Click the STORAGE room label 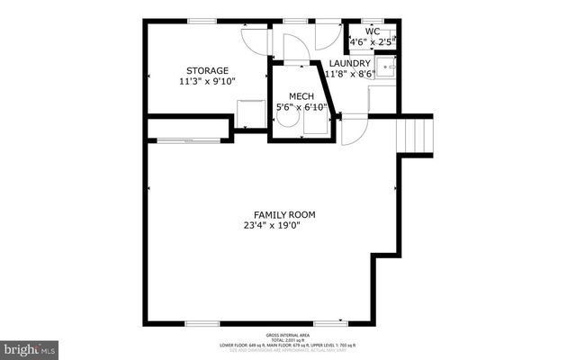coord(207,70)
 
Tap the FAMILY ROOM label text coord(283,214)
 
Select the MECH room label coord(301,96)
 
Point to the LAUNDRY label coord(349,63)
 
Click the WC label coord(373,31)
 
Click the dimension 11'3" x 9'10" coord(207,81)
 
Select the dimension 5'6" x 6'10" coord(301,107)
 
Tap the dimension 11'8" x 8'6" coord(349,74)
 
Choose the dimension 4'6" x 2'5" coord(373,41)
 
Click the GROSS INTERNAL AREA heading coord(287,333)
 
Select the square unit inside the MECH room coord(315,126)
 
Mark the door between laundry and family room coord(354,130)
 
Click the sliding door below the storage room coord(189,139)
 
